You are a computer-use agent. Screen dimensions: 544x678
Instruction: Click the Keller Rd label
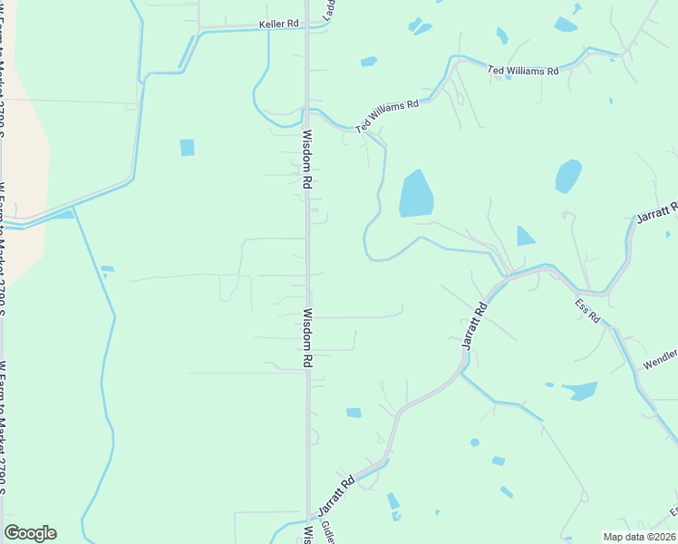tap(278, 24)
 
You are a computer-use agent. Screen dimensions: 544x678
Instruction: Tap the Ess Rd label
tap(587, 311)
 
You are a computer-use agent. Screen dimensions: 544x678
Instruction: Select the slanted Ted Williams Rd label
tap(387, 117)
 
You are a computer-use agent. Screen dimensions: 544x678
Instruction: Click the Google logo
tap(30, 532)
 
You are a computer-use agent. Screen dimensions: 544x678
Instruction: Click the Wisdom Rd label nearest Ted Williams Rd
tap(307, 160)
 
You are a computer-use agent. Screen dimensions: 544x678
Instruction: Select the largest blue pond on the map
tap(416, 194)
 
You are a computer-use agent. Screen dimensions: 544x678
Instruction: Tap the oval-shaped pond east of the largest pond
tap(568, 176)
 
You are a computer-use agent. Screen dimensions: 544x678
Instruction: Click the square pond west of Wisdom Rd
tap(187, 147)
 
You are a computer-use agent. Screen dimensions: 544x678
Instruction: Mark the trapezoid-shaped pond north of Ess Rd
tap(525, 236)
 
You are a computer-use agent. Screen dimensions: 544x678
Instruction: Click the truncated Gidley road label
tap(327, 532)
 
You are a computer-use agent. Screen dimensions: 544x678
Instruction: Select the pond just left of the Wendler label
tap(580, 391)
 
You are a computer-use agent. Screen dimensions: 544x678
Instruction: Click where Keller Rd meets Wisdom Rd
tap(307, 28)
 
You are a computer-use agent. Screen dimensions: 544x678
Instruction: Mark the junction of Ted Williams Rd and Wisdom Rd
tap(308, 111)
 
